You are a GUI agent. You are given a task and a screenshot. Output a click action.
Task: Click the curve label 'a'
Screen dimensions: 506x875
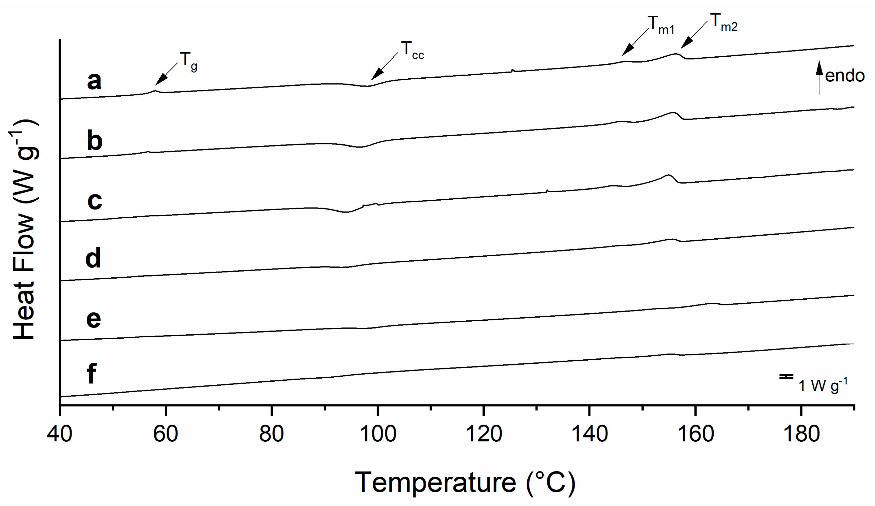coord(94,82)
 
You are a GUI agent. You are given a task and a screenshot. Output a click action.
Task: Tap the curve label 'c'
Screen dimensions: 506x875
coord(94,201)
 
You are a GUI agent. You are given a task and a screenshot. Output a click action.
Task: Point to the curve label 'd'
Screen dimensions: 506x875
coord(93,258)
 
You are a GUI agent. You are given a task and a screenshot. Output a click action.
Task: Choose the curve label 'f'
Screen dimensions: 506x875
coord(91,374)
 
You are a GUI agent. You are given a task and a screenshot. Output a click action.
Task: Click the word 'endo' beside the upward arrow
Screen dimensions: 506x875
coord(845,76)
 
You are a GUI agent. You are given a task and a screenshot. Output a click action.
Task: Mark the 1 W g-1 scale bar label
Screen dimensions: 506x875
coord(823,385)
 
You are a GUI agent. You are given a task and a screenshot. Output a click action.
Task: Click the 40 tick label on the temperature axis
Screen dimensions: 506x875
coord(59,434)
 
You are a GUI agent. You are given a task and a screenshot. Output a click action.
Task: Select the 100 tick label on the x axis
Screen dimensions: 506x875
coord(378,434)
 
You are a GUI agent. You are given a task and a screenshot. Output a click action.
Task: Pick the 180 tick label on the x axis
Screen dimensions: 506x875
coord(801,434)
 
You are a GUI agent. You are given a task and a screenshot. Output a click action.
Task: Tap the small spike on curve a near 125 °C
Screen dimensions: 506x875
coord(512,70)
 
